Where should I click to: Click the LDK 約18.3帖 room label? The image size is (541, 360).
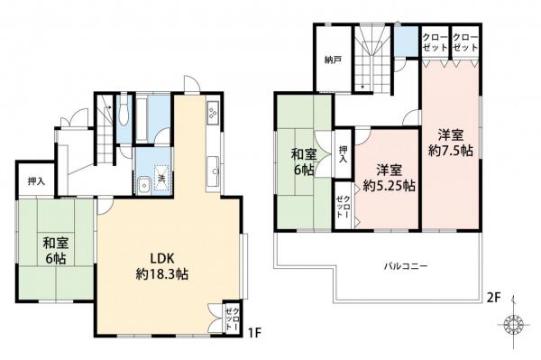pos(161,266)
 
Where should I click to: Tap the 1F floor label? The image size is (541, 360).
pos(255,333)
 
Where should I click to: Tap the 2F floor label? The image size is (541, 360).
pos(493,297)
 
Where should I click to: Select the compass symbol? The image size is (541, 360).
pos(514,325)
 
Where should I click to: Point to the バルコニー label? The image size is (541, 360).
pos(406,266)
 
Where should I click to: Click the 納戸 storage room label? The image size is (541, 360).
pos(333,60)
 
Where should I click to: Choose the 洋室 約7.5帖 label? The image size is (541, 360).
pos(451,143)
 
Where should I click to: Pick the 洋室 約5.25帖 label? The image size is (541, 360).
pos(389,178)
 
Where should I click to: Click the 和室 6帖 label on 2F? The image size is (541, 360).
pos(303,162)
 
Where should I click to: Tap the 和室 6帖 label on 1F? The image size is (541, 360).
pos(56,251)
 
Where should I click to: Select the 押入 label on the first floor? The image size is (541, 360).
pos(36,181)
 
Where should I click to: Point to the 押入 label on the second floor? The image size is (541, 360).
pos(344,154)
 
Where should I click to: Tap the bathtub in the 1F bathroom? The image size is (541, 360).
pos(143,118)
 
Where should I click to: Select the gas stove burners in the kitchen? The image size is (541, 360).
pos(212,113)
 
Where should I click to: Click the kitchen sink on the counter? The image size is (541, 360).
pos(213,171)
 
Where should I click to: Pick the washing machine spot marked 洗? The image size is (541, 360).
pos(161,178)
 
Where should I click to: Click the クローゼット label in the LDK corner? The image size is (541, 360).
pos(233,318)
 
